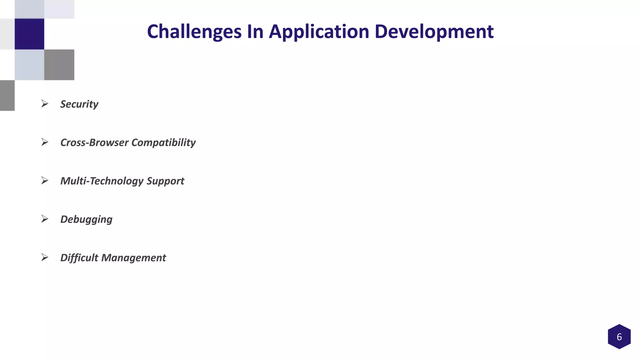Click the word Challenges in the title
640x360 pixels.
click(x=194, y=32)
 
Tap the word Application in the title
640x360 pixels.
click(x=319, y=32)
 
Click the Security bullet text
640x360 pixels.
click(x=79, y=104)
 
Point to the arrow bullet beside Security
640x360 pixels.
click(x=45, y=104)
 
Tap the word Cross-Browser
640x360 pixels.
click(x=94, y=142)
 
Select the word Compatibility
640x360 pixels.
click(x=163, y=142)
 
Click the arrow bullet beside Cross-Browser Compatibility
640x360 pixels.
click(x=45, y=142)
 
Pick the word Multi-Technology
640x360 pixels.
click(x=102, y=181)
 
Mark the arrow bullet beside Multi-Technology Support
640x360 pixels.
click(x=45, y=181)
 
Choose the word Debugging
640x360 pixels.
click(x=86, y=219)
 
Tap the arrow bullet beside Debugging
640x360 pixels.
click(x=45, y=219)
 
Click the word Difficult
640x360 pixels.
click(x=79, y=258)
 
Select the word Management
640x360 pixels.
click(x=133, y=258)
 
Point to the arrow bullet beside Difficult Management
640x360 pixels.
click(x=45, y=257)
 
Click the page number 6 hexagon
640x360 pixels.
click(x=619, y=337)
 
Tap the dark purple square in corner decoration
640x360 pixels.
click(x=29, y=34)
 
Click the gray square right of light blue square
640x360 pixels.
click(x=59, y=65)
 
